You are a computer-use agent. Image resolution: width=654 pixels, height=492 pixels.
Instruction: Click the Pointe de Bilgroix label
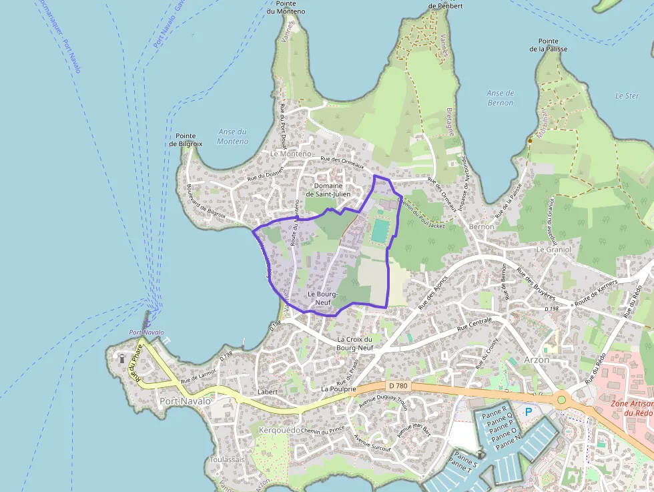[x=186, y=140]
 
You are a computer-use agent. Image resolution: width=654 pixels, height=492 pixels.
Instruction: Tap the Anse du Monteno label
[x=232, y=137]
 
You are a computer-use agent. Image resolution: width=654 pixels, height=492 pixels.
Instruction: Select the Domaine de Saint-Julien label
[x=328, y=190]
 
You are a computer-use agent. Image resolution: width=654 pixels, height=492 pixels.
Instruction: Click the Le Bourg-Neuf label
[x=323, y=298]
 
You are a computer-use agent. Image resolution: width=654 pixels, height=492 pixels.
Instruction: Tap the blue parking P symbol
[x=529, y=412]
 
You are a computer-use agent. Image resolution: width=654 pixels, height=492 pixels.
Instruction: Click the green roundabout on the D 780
[x=561, y=400]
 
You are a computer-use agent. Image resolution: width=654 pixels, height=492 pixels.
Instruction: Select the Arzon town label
[x=537, y=360]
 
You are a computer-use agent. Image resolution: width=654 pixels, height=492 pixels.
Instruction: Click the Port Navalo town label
[x=185, y=401]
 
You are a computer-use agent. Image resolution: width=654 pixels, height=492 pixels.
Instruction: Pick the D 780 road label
[x=399, y=385]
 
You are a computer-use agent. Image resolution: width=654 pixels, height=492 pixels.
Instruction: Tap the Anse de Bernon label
[x=501, y=98]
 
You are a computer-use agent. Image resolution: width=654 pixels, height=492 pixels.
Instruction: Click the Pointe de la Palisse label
[x=549, y=45]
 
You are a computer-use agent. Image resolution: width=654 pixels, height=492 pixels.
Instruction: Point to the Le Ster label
[x=627, y=96]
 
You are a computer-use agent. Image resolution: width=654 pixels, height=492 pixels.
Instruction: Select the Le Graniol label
[x=553, y=250]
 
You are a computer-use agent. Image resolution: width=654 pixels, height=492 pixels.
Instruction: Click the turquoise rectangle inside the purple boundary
[x=380, y=231]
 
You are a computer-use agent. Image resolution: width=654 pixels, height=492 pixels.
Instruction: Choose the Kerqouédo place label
[x=279, y=431]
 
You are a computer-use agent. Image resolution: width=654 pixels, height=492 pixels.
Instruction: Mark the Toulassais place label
[x=228, y=460]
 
